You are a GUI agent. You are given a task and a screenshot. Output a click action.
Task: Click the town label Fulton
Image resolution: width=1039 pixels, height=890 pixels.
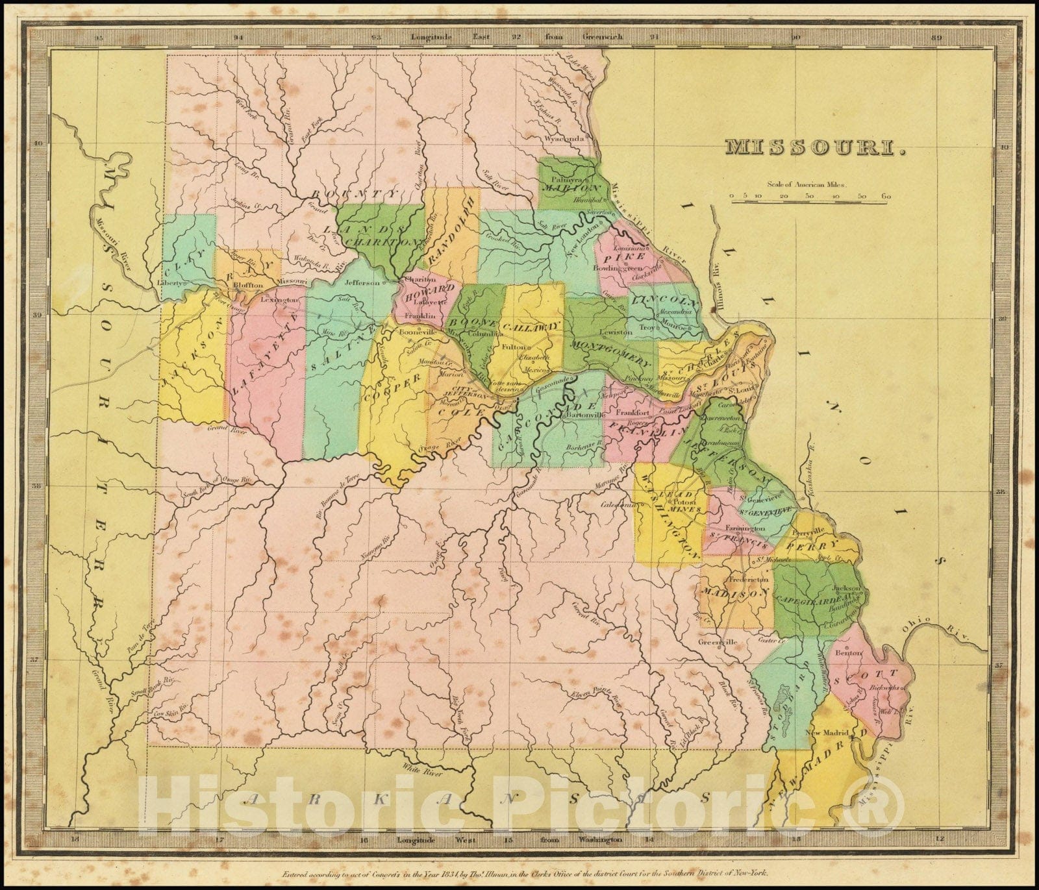click(x=514, y=347)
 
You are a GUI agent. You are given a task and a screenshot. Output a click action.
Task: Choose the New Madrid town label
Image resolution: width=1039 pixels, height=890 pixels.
click(x=825, y=732)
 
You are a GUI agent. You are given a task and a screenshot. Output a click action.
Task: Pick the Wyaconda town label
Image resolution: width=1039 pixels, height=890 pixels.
click(x=565, y=139)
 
